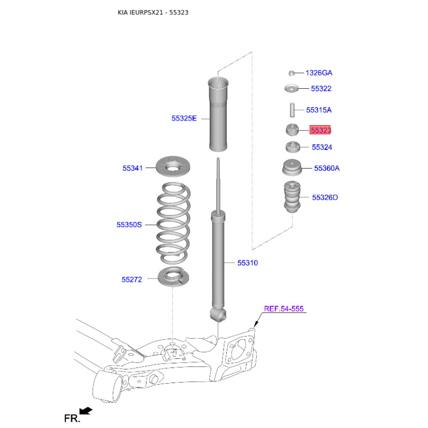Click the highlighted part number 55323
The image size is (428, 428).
(320, 130)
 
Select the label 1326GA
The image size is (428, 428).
(319, 73)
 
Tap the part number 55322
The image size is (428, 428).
(321, 88)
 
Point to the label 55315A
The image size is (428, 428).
(318, 110)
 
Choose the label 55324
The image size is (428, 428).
(322, 147)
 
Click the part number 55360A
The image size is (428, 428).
(327, 168)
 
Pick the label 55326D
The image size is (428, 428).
(325, 197)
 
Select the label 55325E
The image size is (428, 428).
(184, 118)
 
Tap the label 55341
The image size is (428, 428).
(132, 168)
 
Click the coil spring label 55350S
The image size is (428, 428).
(129, 225)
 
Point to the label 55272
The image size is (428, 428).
(132, 279)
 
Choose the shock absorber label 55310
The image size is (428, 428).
(248, 263)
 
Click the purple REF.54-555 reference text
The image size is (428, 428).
(284, 309)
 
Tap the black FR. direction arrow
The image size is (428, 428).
(86, 410)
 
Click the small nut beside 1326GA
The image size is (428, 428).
(292, 73)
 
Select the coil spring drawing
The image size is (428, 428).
(173, 223)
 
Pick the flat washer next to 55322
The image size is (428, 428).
(292, 88)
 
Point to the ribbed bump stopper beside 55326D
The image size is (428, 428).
(292, 197)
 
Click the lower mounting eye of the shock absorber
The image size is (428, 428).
(218, 315)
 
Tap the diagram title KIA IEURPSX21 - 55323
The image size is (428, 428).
(153, 12)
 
